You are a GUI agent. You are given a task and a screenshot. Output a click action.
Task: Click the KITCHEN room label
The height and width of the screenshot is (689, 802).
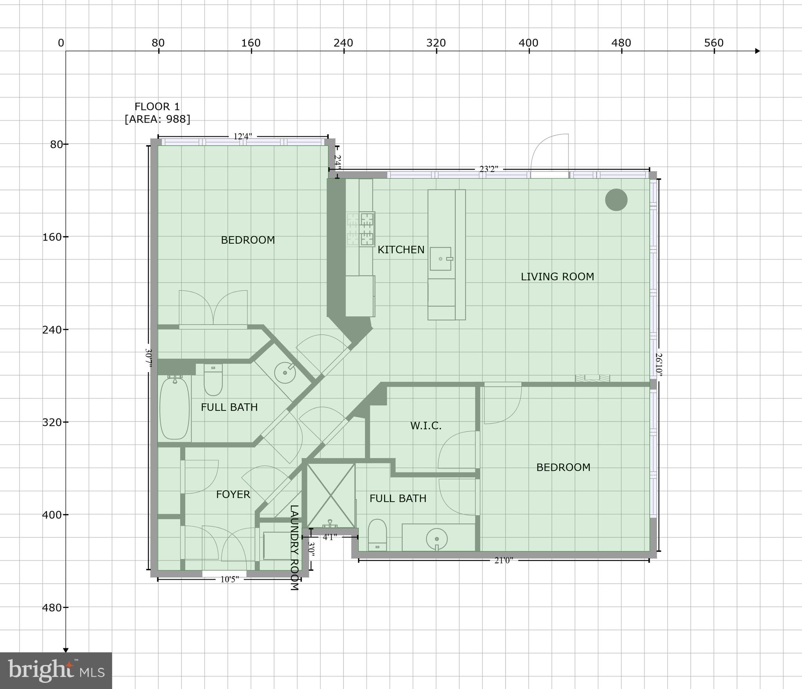(x=401, y=250)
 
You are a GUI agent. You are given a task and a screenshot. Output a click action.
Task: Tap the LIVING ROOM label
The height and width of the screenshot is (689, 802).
(x=557, y=277)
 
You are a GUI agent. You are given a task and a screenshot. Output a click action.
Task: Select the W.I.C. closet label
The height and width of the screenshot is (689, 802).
(x=426, y=426)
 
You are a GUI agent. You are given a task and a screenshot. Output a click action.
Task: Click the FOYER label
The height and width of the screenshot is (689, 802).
(x=233, y=495)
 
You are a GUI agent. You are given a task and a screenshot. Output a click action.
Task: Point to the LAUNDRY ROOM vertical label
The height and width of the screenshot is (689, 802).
(x=294, y=548)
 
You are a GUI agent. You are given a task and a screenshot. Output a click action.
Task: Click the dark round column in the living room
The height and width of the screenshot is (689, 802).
(x=616, y=200)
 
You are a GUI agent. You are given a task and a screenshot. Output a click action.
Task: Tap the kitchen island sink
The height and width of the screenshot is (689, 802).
(x=441, y=259)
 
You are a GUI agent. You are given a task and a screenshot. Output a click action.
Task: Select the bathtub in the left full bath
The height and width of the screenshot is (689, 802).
(x=175, y=408)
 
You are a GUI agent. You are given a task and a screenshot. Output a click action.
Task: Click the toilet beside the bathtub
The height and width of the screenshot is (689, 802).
(x=213, y=380)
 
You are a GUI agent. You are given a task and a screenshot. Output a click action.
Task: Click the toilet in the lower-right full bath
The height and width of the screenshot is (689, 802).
(x=377, y=535)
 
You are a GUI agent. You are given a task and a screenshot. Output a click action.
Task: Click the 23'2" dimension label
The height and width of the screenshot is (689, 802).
(x=489, y=169)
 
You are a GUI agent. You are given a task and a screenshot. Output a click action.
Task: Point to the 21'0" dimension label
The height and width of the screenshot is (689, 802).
(x=504, y=561)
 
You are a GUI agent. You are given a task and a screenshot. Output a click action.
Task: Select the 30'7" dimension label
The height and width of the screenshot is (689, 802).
(x=148, y=358)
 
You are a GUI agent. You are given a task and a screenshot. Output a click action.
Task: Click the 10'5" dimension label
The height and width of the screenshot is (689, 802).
(x=229, y=579)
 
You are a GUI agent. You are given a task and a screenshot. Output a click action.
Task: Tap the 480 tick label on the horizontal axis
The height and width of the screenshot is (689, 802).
(x=621, y=43)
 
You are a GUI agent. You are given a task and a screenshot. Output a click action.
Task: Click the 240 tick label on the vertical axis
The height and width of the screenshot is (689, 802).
(x=52, y=330)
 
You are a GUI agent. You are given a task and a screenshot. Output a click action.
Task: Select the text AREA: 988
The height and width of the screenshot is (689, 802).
(x=157, y=119)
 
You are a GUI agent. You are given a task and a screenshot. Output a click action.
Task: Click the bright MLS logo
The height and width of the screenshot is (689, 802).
(x=56, y=670)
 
